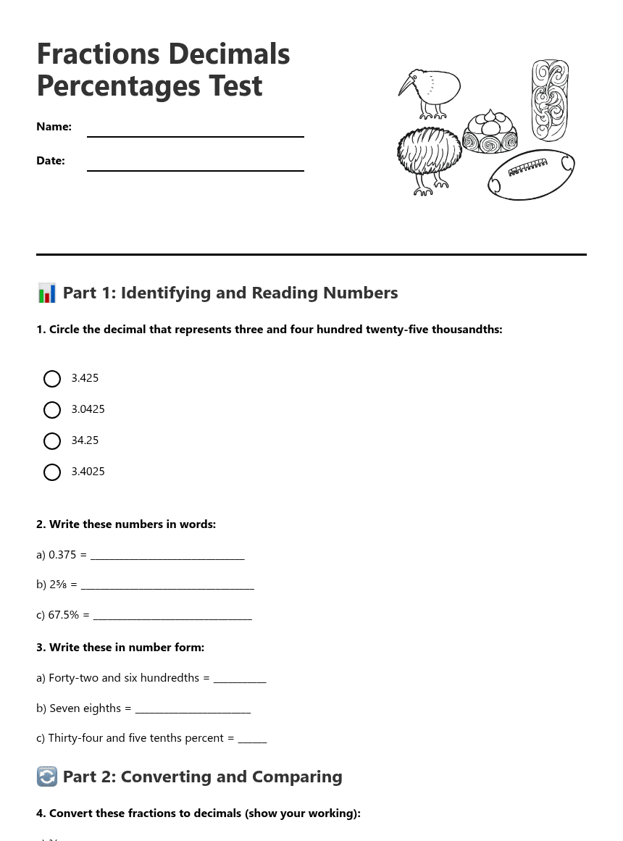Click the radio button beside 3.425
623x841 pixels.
52,379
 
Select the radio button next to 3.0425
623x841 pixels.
52,410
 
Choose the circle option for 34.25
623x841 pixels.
52,441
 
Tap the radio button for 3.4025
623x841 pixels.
52,472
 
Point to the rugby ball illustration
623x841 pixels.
531,175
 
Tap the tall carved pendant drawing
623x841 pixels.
550,99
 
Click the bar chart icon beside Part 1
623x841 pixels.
46,293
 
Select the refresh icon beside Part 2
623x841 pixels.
46,777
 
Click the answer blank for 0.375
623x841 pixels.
167,555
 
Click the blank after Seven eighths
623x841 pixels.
193,708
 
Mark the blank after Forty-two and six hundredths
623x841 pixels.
240,678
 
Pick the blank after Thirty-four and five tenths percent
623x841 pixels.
252,738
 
